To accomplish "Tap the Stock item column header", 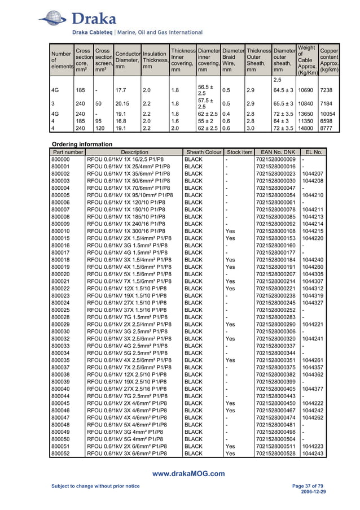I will coord(239,152).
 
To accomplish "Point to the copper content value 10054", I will coord(329,113).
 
